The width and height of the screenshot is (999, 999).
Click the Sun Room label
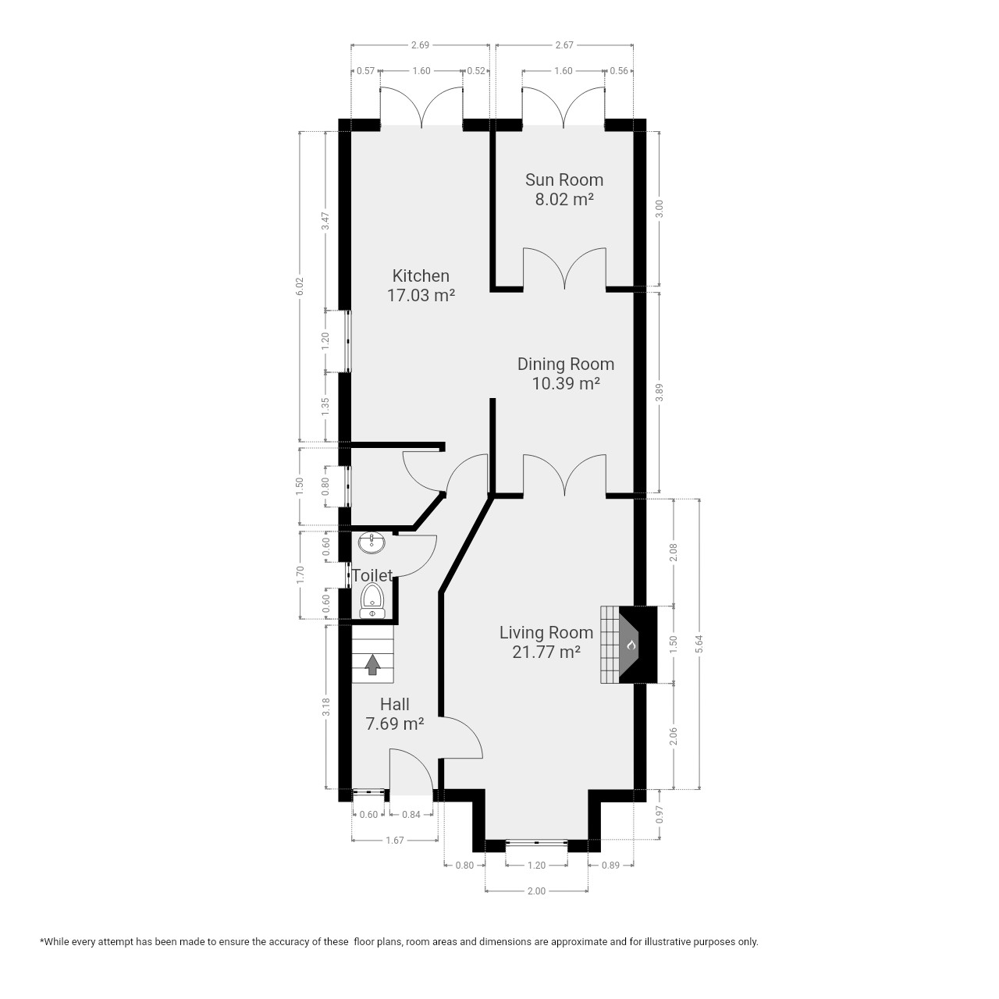click(564, 180)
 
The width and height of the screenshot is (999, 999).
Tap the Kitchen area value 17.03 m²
click(421, 296)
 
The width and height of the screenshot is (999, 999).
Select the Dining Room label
click(566, 364)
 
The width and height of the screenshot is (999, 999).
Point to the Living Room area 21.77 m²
click(546, 652)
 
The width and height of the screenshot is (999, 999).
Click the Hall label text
click(394, 704)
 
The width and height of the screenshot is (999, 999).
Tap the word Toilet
click(372, 575)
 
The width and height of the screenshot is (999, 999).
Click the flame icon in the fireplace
click(631, 645)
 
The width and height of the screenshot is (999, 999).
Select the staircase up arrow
click(372, 665)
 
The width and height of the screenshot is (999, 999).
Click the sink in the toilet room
click(372, 542)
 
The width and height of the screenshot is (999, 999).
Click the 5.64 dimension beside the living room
click(699, 644)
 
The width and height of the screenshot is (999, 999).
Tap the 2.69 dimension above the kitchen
click(420, 45)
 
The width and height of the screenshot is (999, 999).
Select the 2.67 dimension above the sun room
click(564, 45)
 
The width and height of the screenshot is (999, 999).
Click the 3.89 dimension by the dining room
click(659, 392)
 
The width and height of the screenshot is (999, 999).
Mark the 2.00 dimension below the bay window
click(536, 891)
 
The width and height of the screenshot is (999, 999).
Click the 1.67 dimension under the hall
click(394, 841)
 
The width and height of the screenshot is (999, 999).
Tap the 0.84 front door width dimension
click(411, 815)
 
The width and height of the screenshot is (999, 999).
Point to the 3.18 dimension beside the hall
click(325, 707)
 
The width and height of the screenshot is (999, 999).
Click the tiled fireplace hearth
click(610, 645)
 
